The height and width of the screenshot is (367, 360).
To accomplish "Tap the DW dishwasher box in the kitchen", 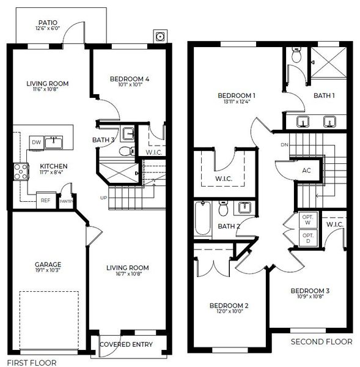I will (37, 142).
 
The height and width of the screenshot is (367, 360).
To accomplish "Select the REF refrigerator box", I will (45, 200).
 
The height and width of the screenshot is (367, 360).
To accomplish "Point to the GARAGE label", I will (47, 264).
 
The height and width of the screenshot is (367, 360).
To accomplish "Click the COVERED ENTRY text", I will (126, 345).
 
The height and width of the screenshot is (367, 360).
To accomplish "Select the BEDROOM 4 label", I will (130, 78).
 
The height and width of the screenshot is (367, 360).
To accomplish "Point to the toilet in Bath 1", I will (297, 56).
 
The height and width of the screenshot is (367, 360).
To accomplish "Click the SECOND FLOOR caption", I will (321, 341).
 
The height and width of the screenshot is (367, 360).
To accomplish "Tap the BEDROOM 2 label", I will (229, 306).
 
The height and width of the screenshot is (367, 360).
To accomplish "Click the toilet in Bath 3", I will (125, 150).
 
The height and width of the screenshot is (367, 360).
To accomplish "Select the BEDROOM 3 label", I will (310, 291).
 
